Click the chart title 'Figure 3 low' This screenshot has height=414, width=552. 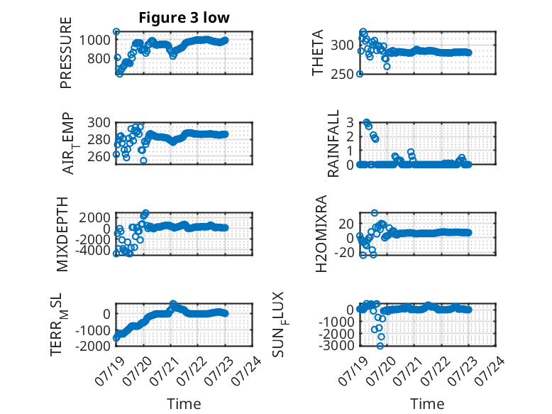click(184, 18)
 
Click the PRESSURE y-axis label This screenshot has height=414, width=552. click(66, 53)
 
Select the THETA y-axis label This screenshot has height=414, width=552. click(318, 53)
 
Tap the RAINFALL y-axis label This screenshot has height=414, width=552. click(333, 143)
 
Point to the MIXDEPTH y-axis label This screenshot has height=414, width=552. click(62, 234)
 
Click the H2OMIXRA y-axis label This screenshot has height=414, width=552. click(321, 234)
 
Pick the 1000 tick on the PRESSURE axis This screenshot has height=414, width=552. click(94, 40)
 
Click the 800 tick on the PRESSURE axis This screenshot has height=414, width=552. click(99, 58)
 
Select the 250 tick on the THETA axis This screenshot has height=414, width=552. click(342, 74)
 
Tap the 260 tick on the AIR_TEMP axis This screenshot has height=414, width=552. click(99, 156)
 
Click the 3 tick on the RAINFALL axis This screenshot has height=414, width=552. click(350, 123)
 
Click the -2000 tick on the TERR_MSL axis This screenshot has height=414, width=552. click(92, 346)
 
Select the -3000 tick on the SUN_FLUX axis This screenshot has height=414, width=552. click(336, 346)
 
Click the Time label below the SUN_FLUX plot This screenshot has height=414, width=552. click(427, 404)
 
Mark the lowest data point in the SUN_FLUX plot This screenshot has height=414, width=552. click(380, 346)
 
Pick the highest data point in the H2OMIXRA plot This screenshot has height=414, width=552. click(375, 213)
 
